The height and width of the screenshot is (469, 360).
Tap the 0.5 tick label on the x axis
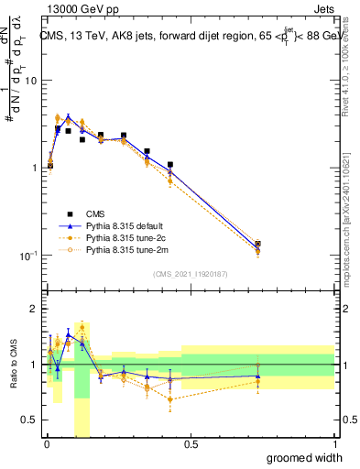(190, 444)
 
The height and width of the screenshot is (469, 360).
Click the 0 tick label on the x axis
(46, 444)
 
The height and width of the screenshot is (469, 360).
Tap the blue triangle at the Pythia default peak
(68, 117)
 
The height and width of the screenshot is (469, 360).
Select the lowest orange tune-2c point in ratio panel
(170, 399)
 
